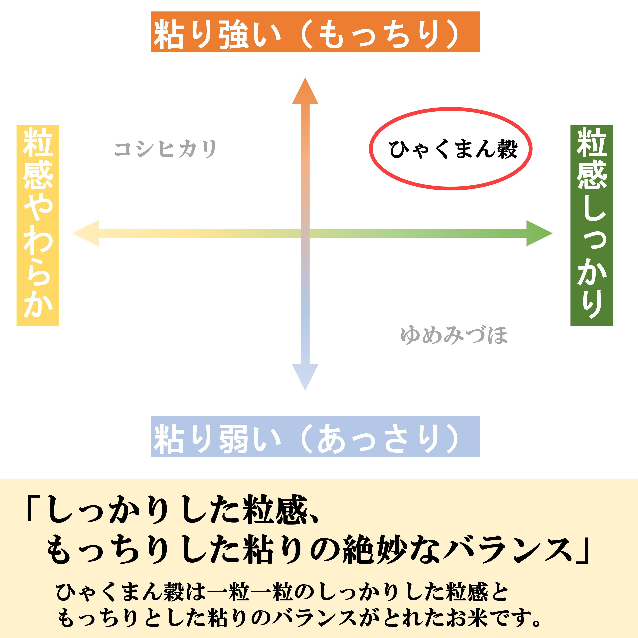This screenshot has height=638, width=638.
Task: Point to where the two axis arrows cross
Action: [x=305, y=233]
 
